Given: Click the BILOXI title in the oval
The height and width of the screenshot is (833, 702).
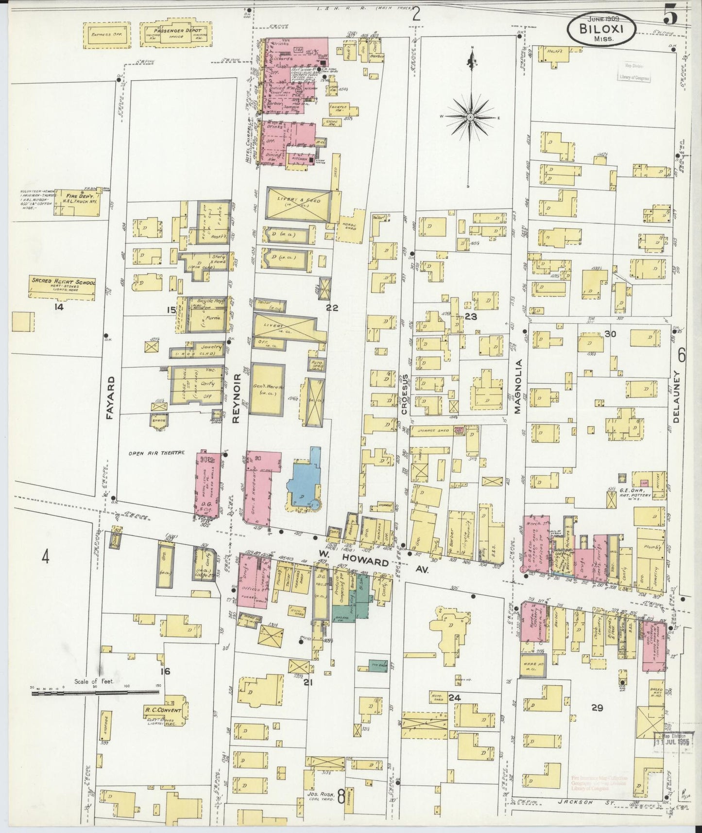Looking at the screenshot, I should pyautogui.click(x=601, y=28).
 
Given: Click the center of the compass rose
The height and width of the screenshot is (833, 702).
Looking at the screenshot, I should pyautogui.click(x=471, y=118).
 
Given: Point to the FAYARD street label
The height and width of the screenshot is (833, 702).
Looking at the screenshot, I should pyautogui.click(x=110, y=398).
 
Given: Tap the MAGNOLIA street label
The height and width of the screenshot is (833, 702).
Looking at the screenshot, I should pyautogui.click(x=518, y=386).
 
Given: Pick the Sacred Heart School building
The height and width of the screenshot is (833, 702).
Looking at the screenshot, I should pyautogui.click(x=63, y=289).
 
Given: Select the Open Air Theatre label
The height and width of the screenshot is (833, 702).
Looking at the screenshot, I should pyautogui.click(x=150, y=453).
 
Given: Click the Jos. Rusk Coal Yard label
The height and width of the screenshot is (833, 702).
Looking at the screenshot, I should pyautogui.click(x=322, y=796).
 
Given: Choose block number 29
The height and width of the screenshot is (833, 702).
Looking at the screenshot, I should pyautogui.click(x=597, y=708).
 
